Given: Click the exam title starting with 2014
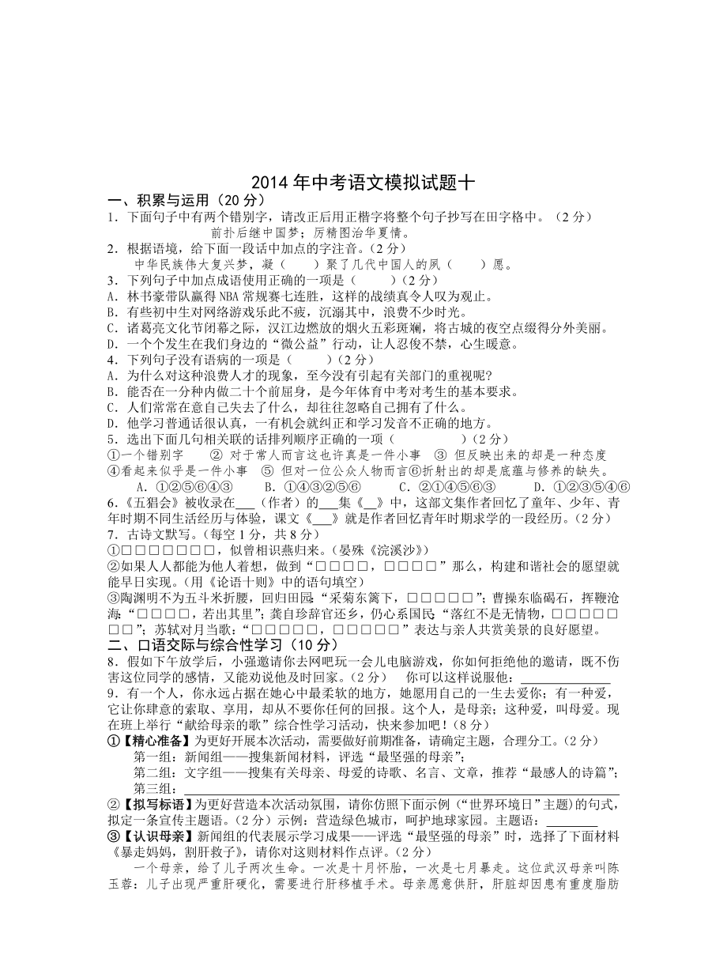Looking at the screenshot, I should click(363, 183).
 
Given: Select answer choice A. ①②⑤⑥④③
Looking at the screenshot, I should click(183, 486).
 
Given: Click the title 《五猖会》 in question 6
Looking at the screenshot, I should click(146, 503).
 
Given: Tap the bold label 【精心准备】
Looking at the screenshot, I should click(154, 741).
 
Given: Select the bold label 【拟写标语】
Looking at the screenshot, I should click(154, 804).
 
